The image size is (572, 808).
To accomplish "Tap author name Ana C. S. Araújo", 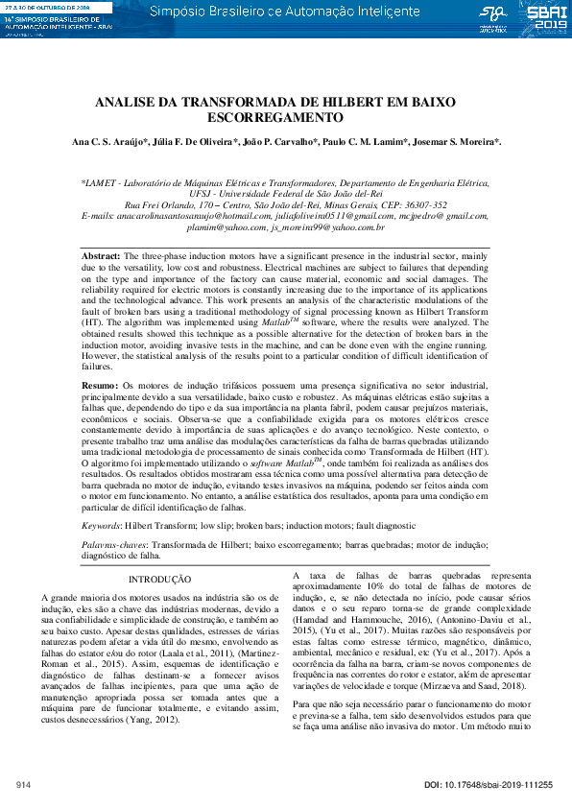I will [x=108, y=142].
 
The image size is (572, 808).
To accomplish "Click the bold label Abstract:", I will [x=101, y=258].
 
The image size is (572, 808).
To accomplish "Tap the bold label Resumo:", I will [x=101, y=384].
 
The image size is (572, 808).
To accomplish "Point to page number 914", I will [x=24, y=786].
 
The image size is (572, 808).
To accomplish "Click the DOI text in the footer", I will [x=489, y=786].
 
